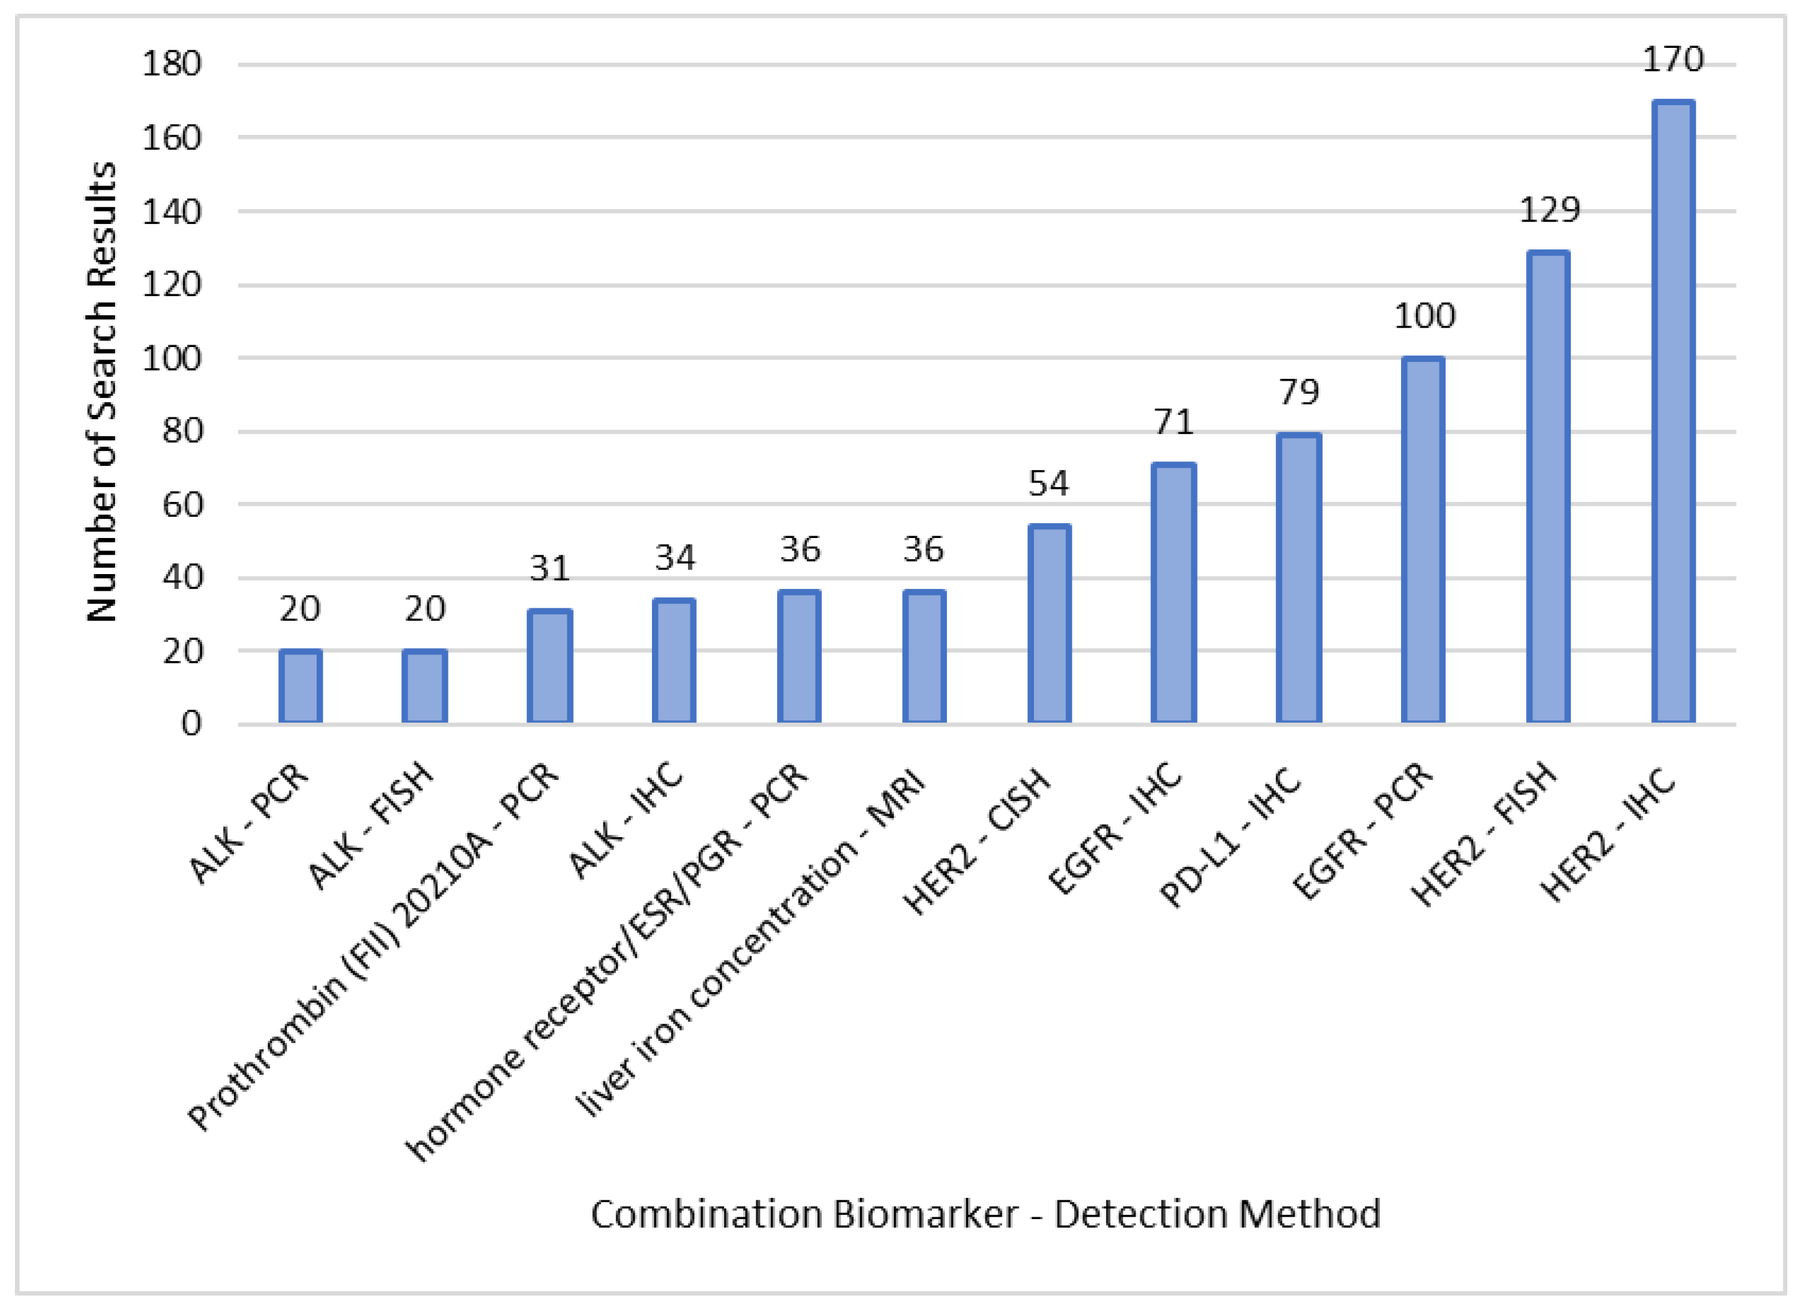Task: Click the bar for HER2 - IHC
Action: pos(1672,412)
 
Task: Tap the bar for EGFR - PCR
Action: pos(1422,540)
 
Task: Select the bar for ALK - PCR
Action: pos(300,687)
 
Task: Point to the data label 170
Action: pos(1672,59)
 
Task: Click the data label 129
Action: pos(1549,210)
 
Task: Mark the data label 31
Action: pos(549,568)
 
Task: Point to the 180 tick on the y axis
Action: pos(171,63)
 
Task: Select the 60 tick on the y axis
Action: pos(182,504)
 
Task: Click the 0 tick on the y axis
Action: pos(191,723)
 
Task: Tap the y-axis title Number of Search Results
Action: pos(101,392)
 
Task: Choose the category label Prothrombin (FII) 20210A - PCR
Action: pos(372,946)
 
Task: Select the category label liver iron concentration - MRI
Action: pos(749,942)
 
